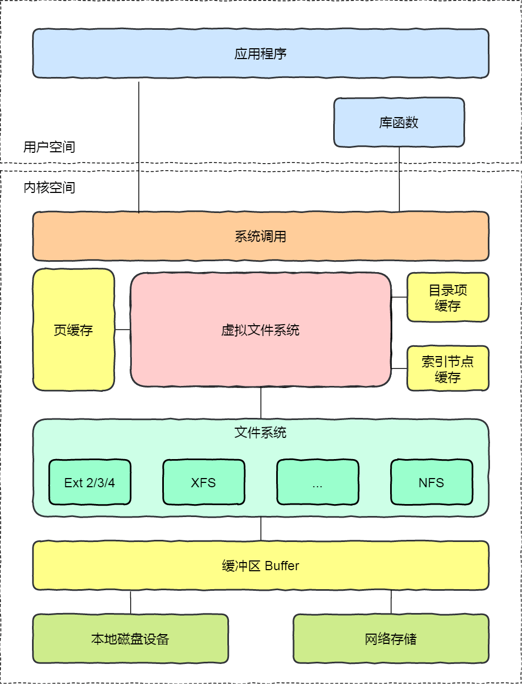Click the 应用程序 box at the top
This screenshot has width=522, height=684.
pos(260,54)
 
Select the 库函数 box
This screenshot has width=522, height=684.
pos(399,122)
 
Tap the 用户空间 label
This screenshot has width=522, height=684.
pos(49,147)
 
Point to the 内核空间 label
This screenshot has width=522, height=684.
pos(49,188)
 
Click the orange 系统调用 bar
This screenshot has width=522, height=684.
pos(260,236)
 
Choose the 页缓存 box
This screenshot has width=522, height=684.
pos(73,330)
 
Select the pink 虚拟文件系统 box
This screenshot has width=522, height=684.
pos(260,330)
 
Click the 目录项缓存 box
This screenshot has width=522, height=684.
pos(448,298)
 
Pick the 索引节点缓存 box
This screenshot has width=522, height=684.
pos(448,369)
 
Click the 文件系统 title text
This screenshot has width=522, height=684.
pos(260,433)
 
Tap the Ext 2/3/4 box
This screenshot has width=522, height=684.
pos(90,482)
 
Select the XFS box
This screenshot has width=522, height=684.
pos(203,482)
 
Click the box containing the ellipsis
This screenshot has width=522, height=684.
pos(317,482)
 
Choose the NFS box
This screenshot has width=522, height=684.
pos(431,482)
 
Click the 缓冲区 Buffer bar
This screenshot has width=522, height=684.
pos(260,565)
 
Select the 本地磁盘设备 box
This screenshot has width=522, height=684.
pos(130,638)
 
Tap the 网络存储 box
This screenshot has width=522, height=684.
pos(391,638)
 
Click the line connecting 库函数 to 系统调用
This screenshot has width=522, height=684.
pos(399,179)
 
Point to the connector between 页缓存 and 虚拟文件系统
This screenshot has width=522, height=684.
pos(123,330)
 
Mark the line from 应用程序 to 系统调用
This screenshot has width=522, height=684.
pos(139,146)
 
